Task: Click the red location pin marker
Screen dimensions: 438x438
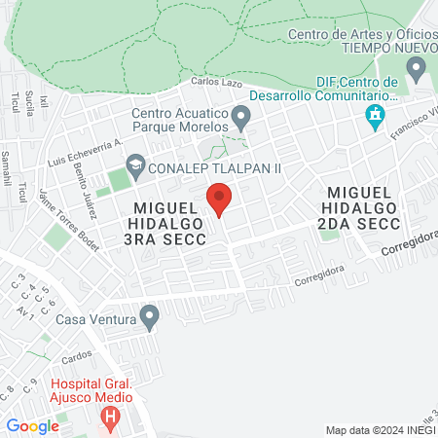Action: pos(220,201)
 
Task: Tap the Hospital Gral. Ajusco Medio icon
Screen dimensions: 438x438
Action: pos(111,419)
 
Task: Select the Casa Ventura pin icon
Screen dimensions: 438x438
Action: pos(149,316)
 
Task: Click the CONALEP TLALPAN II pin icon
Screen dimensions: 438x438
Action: pos(134,167)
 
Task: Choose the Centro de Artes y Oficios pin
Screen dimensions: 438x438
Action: pos(418,68)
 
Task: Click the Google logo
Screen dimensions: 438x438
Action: pos(32,425)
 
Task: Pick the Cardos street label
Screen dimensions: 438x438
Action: pos(77,354)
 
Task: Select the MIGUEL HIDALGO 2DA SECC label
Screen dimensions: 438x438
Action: pos(376,202)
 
